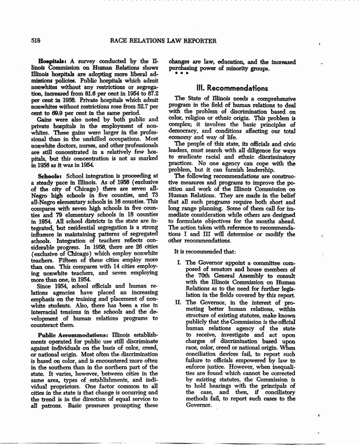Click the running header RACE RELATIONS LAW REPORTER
coord(163,41)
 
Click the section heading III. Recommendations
coord(232,88)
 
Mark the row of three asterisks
coord(182,74)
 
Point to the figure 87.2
coord(151,94)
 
